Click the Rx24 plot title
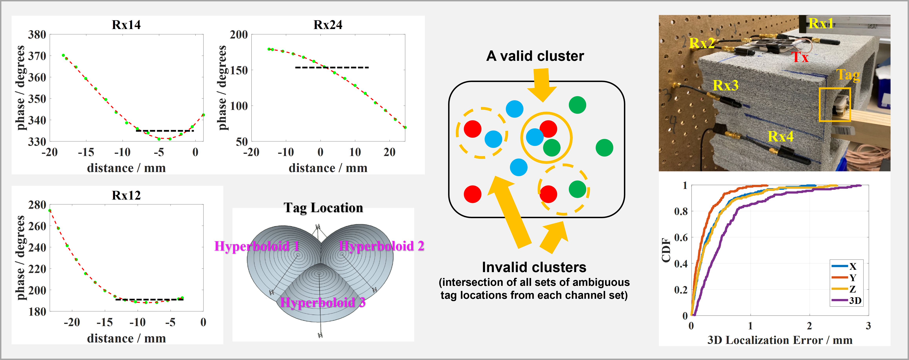[x=328, y=25]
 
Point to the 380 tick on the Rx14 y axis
[x=37, y=35]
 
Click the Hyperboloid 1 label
[x=257, y=246]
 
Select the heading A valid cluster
[x=535, y=56]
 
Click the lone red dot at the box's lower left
[x=472, y=194]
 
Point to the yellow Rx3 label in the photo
[x=726, y=85]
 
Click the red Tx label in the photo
[x=800, y=57]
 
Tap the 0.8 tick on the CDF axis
[x=681, y=211]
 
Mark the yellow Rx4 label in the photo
[x=780, y=136]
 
